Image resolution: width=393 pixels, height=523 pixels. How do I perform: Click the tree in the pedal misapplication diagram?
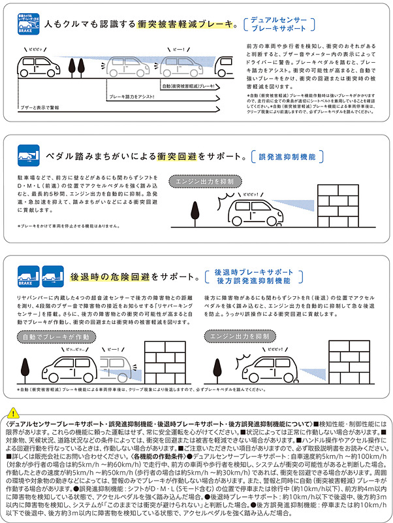tap(195, 213)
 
